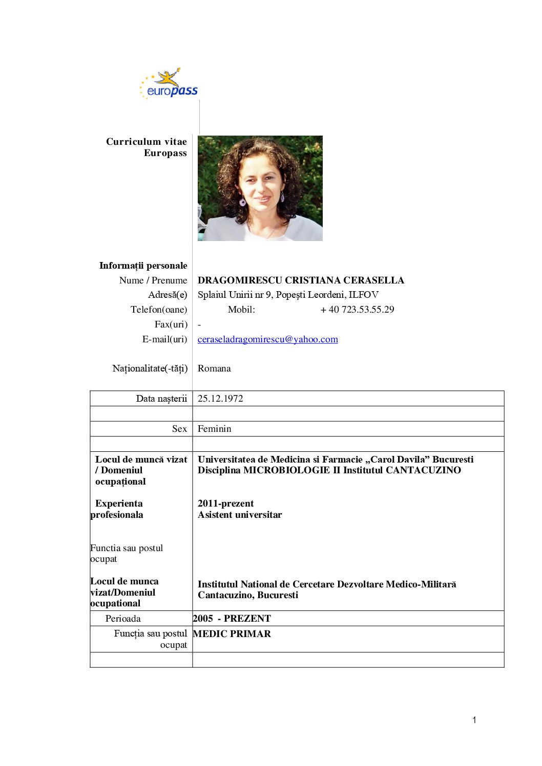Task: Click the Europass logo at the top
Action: [169, 84]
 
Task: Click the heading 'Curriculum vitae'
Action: [146, 142]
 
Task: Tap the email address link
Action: [267, 339]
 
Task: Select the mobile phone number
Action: [357, 310]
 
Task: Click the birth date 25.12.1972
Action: [220, 399]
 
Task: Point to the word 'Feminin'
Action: [214, 429]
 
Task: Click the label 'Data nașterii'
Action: [161, 399]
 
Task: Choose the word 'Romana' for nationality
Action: [214, 368]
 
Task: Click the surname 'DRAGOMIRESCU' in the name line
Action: [240, 280]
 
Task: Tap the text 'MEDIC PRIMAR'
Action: [232, 634]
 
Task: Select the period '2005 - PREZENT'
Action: [232, 619]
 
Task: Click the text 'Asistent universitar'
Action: [240, 515]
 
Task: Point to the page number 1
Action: [474, 720]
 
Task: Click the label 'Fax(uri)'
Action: [171, 324]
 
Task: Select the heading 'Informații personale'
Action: [143, 266]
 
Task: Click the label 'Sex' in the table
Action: [179, 429]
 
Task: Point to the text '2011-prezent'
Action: [225, 504]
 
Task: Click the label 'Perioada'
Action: [123, 619]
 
